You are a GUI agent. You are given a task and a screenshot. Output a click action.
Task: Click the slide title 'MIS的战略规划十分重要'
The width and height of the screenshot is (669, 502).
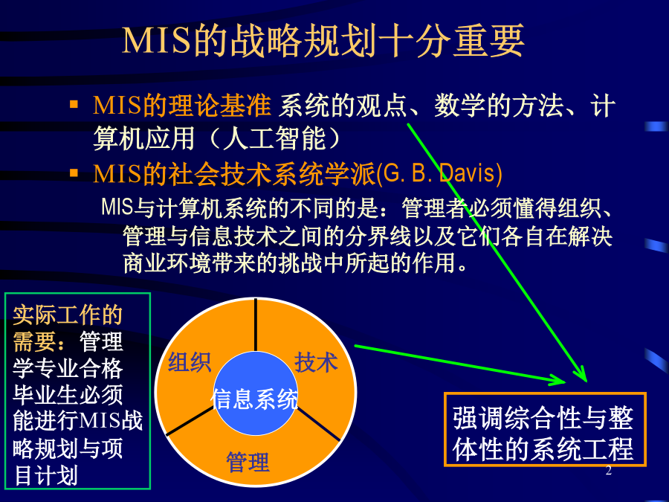[323, 41]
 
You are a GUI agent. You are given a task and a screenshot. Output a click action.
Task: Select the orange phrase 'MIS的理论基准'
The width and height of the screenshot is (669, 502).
[182, 106]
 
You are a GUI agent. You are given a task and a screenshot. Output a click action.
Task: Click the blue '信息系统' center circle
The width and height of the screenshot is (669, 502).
[255, 393]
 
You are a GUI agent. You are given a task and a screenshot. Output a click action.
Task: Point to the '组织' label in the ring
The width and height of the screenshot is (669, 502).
[190, 362]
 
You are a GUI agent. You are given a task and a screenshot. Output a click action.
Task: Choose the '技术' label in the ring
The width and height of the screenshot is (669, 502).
[316, 362]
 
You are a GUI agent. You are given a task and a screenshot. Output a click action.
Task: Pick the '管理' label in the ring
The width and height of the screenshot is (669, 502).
[248, 462]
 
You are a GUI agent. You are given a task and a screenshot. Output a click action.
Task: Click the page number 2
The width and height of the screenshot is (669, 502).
[608, 471]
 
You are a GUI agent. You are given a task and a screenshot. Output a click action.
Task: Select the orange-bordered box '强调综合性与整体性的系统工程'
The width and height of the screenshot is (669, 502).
[545, 429]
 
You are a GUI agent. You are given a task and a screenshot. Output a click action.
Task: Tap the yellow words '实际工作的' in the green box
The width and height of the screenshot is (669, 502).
[68, 315]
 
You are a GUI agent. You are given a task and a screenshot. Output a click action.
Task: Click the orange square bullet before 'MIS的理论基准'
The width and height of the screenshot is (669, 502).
[74, 104]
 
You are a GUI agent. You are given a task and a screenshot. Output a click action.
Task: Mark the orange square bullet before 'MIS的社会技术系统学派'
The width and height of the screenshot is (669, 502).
[74, 173]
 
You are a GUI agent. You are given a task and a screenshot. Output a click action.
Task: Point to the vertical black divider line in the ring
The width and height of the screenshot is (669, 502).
[255, 325]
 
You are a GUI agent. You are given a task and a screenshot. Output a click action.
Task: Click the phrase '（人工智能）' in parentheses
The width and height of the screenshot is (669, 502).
[275, 138]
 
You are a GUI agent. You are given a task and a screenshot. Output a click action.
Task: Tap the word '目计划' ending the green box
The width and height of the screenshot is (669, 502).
[45, 475]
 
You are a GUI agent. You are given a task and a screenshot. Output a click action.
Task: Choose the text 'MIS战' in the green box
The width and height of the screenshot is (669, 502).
[111, 421]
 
